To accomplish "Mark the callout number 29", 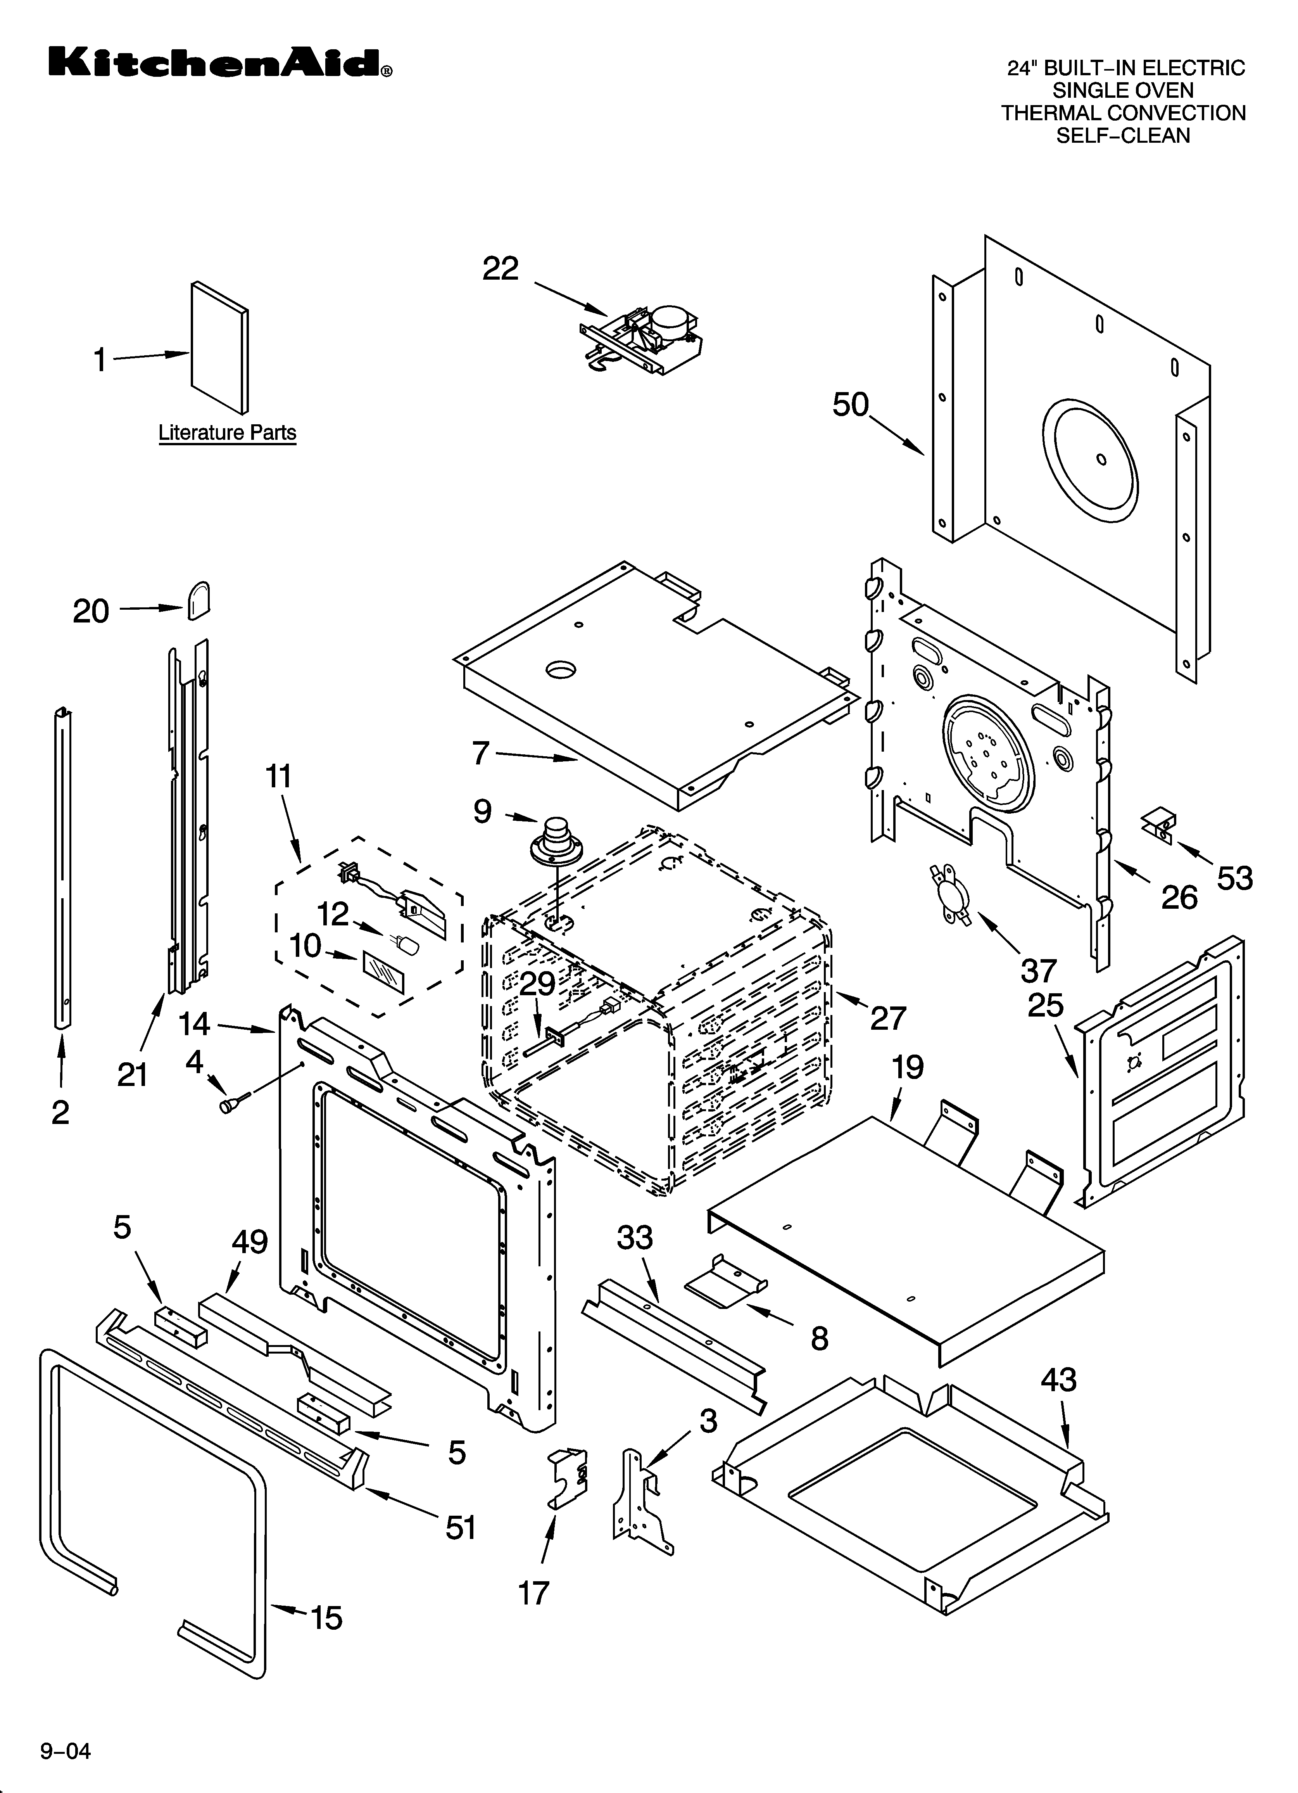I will [538, 984].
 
